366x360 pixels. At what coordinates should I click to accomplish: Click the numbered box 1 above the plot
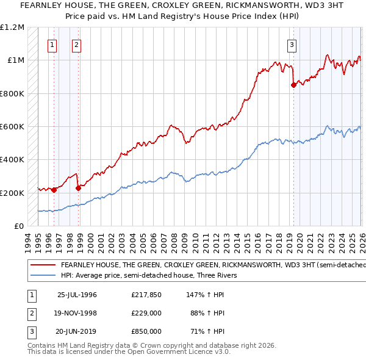(52, 44)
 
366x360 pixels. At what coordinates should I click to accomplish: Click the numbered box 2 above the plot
(76, 44)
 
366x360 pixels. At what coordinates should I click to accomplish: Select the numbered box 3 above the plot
(292, 44)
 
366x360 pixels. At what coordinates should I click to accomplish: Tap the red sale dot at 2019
(293, 85)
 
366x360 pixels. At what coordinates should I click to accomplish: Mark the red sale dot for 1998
(78, 188)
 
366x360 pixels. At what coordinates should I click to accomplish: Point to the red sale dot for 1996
(54, 190)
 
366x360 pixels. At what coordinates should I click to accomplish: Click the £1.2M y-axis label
(12, 27)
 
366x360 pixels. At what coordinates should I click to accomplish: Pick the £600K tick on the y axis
(12, 127)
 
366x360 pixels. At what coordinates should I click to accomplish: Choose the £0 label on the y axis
(19, 226)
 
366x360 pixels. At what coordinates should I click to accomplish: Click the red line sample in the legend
(43, 265)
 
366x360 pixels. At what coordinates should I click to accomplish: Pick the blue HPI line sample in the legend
(43, 275)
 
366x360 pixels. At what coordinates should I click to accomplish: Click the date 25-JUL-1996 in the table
(77, 295)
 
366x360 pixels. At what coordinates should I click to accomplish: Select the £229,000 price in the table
(146, 313)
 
